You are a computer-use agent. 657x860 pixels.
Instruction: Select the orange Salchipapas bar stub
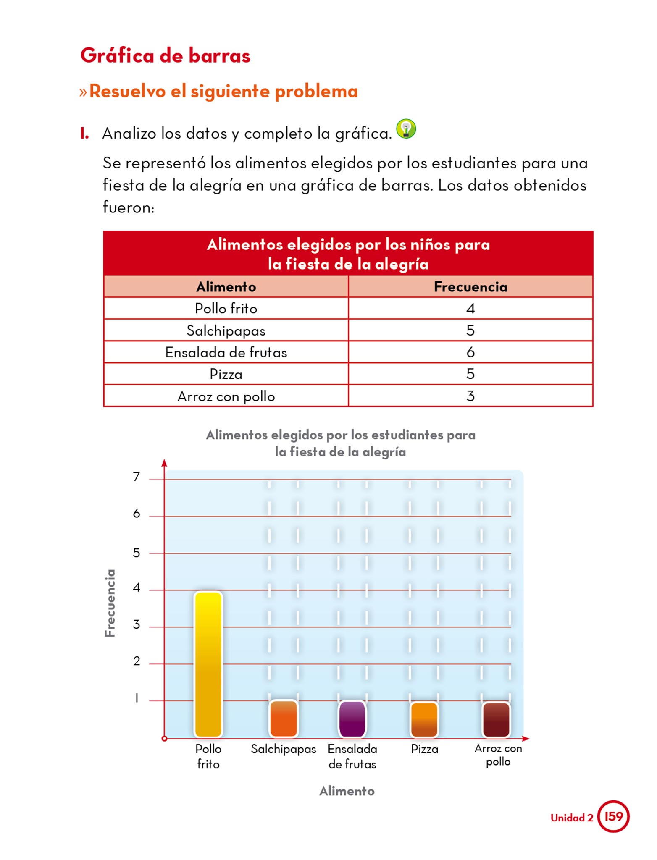pyautogui.click(x=284, y=718)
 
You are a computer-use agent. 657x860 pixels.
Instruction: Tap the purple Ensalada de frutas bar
pyautogui.click(x=352, y=718)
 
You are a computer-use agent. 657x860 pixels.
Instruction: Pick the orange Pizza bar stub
pyautogui.click(x=424, y=719)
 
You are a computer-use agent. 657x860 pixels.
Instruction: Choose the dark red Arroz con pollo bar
pyautogui.click(x=497, y=719)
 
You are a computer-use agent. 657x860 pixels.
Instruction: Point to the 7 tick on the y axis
pyautogui.click(x=136, y=477)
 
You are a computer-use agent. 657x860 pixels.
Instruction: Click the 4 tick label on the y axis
pyautogui.click(x=136, y=587)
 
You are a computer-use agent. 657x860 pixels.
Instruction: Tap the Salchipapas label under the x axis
pyautogui.click(x=284, y=749)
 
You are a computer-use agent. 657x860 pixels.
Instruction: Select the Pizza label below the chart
pyautogui.click(x=424, y=749)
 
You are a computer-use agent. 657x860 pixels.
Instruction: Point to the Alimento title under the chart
pyautogui.click(x=347, y=791)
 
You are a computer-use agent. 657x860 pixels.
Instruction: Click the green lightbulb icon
pyautogui.click(x=406, y=128)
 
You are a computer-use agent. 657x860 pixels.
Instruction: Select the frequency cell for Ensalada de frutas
pyautogui.click(x=470, y=352)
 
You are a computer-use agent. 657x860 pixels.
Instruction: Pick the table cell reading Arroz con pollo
pyautogui.click(x=226, y=396)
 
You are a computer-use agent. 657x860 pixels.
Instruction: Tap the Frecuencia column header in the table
pyautogui.click(x=470, y=287)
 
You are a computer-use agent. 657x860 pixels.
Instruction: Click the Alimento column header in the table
pyautogui.click(x=226, y=287)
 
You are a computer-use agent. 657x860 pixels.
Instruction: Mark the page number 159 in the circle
pyautogui.click(x=613, y=816)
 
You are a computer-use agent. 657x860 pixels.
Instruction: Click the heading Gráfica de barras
pyautogui.click(x=166, y=55)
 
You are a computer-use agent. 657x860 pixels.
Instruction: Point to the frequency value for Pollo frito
pyautogui.click(x=470, y=309)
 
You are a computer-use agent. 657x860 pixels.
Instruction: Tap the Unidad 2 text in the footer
pyautogui.click(x=572, y=818)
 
